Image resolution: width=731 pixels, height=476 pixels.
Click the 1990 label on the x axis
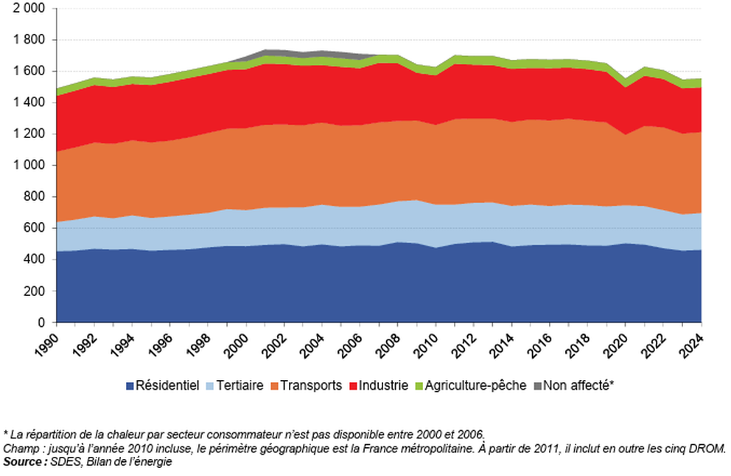click(x=48, y=343)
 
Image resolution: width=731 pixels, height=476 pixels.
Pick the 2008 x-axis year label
click(x=390, y=343)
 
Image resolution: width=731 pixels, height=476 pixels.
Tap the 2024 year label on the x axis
click(x=693, y=343)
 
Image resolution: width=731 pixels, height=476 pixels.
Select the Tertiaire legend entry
click(x=239, y=384)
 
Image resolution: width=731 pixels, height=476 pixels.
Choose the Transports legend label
click(x=309, y=384)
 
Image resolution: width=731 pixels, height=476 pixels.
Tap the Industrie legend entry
click(x=383, y=384)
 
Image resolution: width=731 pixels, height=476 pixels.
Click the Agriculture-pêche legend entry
click(x=475, y=384)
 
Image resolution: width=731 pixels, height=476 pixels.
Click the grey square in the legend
click(x=536, y=385)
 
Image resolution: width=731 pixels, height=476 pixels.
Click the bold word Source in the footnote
click(x=21, y=462)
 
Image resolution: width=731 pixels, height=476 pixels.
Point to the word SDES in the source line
click(x=60, y=462)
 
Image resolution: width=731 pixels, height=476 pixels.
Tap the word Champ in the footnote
click(x=18, y=449)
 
